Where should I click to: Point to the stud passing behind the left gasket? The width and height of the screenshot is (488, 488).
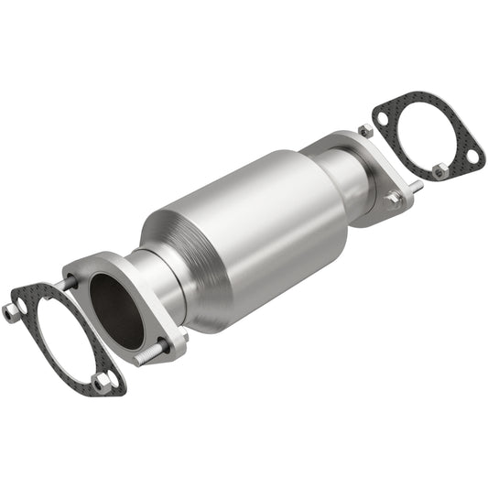(66, 284)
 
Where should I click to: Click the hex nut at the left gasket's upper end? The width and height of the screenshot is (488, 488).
(13, 310)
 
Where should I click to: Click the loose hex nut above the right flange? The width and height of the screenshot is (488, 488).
(365, 132)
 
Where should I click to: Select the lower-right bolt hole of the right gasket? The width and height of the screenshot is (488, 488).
(472, 157)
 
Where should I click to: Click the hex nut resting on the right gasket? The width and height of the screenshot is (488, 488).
(441, 170)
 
